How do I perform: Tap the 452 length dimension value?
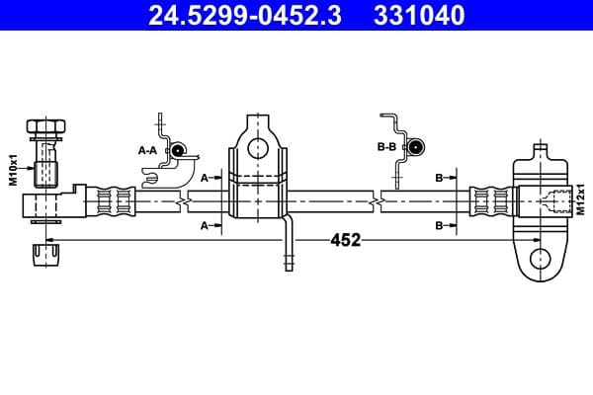pos(344,240)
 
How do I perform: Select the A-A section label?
pos(148,150)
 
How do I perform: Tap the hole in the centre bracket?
pos(257,149)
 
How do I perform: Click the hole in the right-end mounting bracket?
pos(540,259)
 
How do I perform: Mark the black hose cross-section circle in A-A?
pos(178,150)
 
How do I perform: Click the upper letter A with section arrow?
pos(205,178)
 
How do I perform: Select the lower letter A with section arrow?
pos(205,226)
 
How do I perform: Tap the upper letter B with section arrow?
pos(439,178)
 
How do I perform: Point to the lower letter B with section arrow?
pos(439,226)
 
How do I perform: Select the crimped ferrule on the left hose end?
pos(111,201)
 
